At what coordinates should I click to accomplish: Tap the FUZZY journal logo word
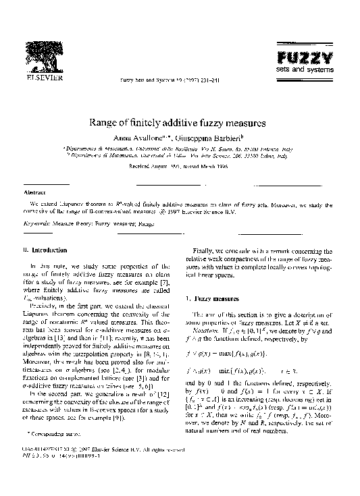305,57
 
